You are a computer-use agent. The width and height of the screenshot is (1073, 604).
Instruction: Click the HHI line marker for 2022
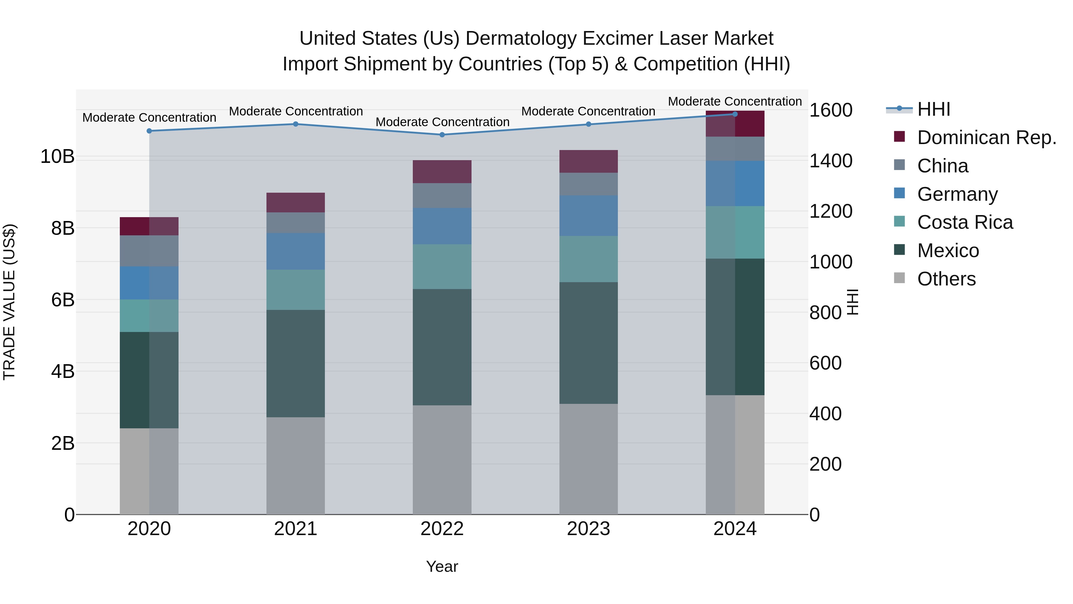click(442, 135)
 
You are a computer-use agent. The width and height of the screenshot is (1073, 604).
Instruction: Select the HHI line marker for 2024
click(735, 114)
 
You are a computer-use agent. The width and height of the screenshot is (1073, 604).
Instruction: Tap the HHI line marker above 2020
click(149, 131)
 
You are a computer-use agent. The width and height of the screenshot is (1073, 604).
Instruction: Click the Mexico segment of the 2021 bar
click(295, 364)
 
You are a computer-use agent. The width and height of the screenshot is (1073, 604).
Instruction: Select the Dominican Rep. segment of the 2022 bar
click(442, 171)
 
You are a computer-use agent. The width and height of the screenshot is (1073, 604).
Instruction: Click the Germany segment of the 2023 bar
click(588, 216)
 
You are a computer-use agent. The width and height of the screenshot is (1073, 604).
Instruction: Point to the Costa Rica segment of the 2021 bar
click(295, 289)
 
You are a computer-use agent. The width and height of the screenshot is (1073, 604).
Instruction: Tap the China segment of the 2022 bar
click(442, 195)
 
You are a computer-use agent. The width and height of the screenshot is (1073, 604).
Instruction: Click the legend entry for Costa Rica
click(965, 222)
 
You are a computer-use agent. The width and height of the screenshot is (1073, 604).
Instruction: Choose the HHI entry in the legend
click(933, 109)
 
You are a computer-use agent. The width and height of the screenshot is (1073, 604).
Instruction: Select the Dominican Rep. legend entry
click(986, 138)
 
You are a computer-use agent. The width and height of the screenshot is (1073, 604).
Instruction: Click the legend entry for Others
click(946, 279)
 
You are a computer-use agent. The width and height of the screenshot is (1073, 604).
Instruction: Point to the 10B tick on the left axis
click(57, 157)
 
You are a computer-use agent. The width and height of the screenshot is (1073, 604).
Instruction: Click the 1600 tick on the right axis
click(831, 110)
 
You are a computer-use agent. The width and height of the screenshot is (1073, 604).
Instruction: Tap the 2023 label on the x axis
click(588, 529)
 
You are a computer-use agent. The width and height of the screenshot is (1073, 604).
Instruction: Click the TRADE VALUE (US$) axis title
click(9, 302)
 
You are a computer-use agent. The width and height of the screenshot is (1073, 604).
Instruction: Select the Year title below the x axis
click(442, 566)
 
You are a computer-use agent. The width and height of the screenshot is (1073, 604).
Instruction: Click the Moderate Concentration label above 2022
click(442, 122)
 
